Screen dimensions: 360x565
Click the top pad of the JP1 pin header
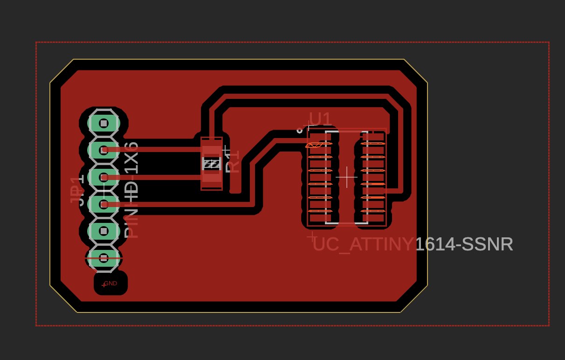[x=103, y=124]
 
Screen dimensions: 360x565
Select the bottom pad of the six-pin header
[x=103, y=258]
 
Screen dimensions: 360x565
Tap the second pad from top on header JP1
[x=103, y=150]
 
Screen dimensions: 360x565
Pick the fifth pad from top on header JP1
[x=103, y=231]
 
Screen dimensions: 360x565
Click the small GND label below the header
[x=110, y=284]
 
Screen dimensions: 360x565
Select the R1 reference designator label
[x=232, y=161]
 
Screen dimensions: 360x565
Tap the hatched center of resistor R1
[x=212, y=164]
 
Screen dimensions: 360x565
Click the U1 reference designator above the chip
[x=320, y=119]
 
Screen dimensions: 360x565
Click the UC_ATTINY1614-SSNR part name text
[x=413, y=244]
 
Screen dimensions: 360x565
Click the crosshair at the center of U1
[x=346, y=177]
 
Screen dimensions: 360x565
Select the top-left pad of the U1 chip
[x=320, y=137]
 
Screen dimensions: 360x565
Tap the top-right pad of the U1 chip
[x=373, y=137]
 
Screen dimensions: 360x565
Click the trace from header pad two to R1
[x=154, y=150]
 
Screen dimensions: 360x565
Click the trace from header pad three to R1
[x=154, y=177]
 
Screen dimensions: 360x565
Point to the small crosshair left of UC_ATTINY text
[x=312, y=237]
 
